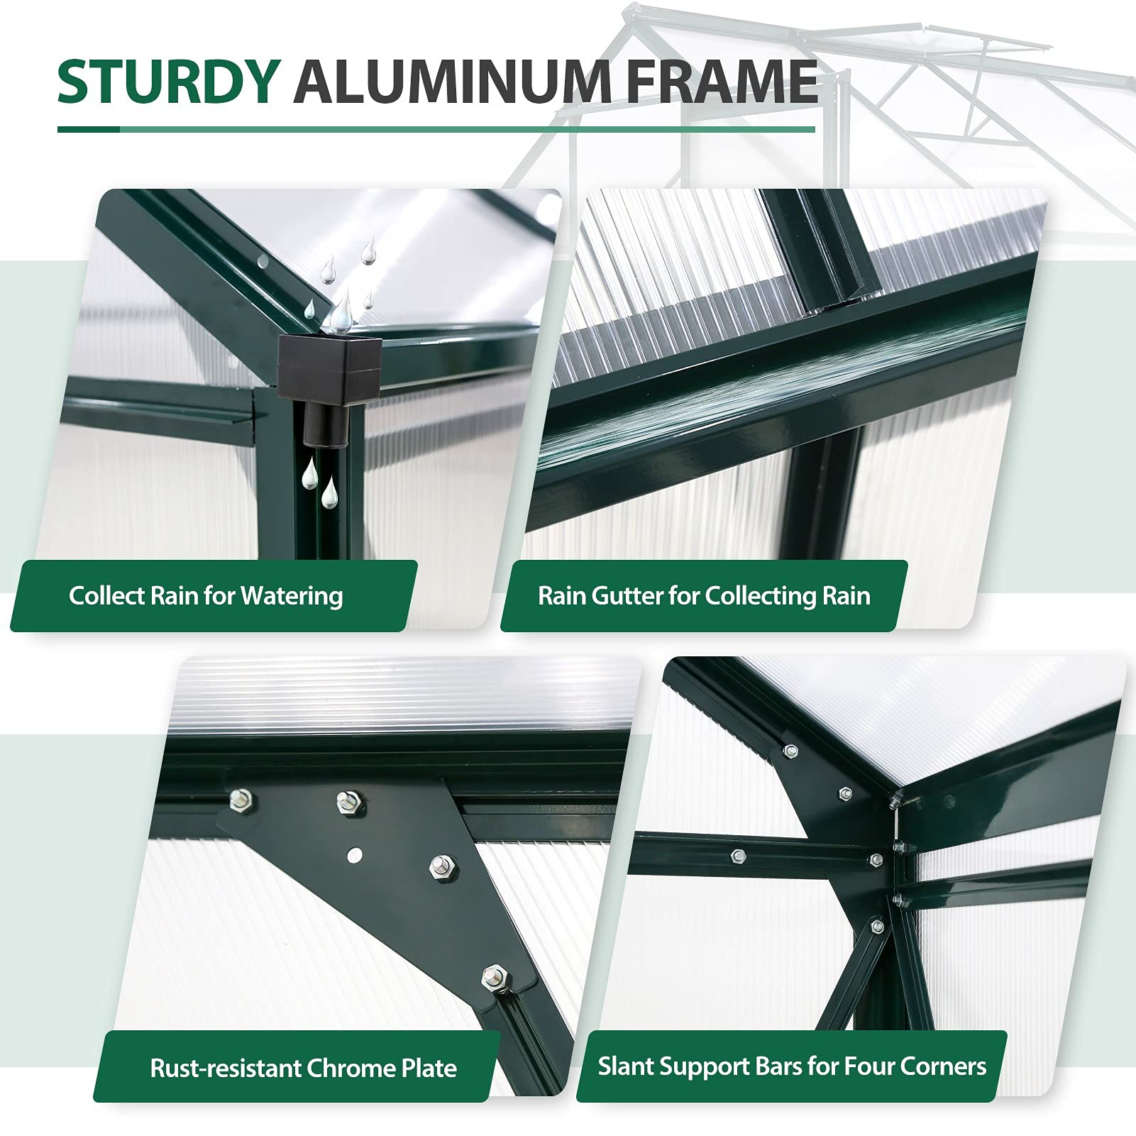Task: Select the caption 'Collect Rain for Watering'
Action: point(206,596)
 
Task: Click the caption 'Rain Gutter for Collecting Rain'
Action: point(704,596)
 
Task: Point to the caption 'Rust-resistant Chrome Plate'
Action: point(304,1068)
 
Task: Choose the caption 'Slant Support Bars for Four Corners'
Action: point(792,1066)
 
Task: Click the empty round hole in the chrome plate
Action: point(355,854)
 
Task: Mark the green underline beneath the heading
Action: point(436,130)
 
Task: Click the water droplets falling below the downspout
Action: point(319,482)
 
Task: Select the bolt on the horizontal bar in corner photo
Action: point(738,856)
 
